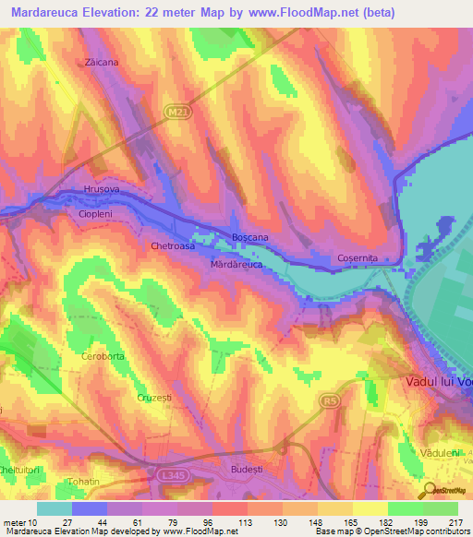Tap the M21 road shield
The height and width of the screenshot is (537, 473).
[x=180, y=113]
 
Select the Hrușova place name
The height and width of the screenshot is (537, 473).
[x=103, y=189]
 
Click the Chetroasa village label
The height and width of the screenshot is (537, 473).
[x=173, y=247]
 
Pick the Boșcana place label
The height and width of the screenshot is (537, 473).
[x=250, y=238]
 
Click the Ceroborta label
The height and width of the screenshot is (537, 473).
[x=103, y=355]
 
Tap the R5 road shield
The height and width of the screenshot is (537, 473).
[x=330, y=400]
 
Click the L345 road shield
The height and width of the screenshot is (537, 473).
[x=166, y=475]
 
